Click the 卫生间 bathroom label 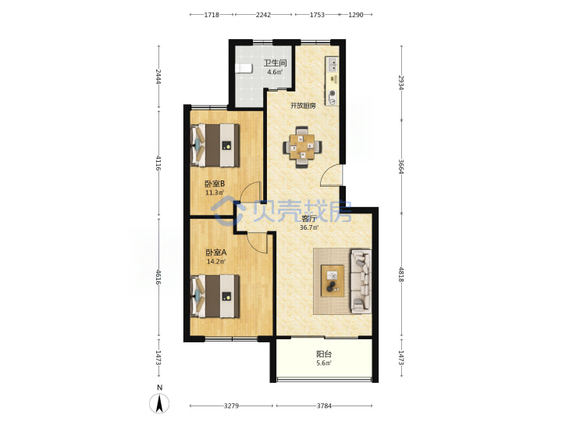tap(275, 63)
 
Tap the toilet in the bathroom tap(244, 68)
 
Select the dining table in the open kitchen tap(302, 146)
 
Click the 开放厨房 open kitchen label tap(303, 105)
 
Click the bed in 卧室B tap(215, 145)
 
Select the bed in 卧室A tap(215, 296)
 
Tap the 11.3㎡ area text tap(215, 193)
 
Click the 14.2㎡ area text tap(216, 262)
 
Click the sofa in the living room tap(361, 281)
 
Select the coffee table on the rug tap(333, 281)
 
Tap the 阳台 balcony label tap(324, 354)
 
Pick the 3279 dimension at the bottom tap(231, 406)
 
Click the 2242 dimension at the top tap(264, 15)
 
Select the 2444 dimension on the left tap(158, 77)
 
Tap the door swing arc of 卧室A tap(258, 243)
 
